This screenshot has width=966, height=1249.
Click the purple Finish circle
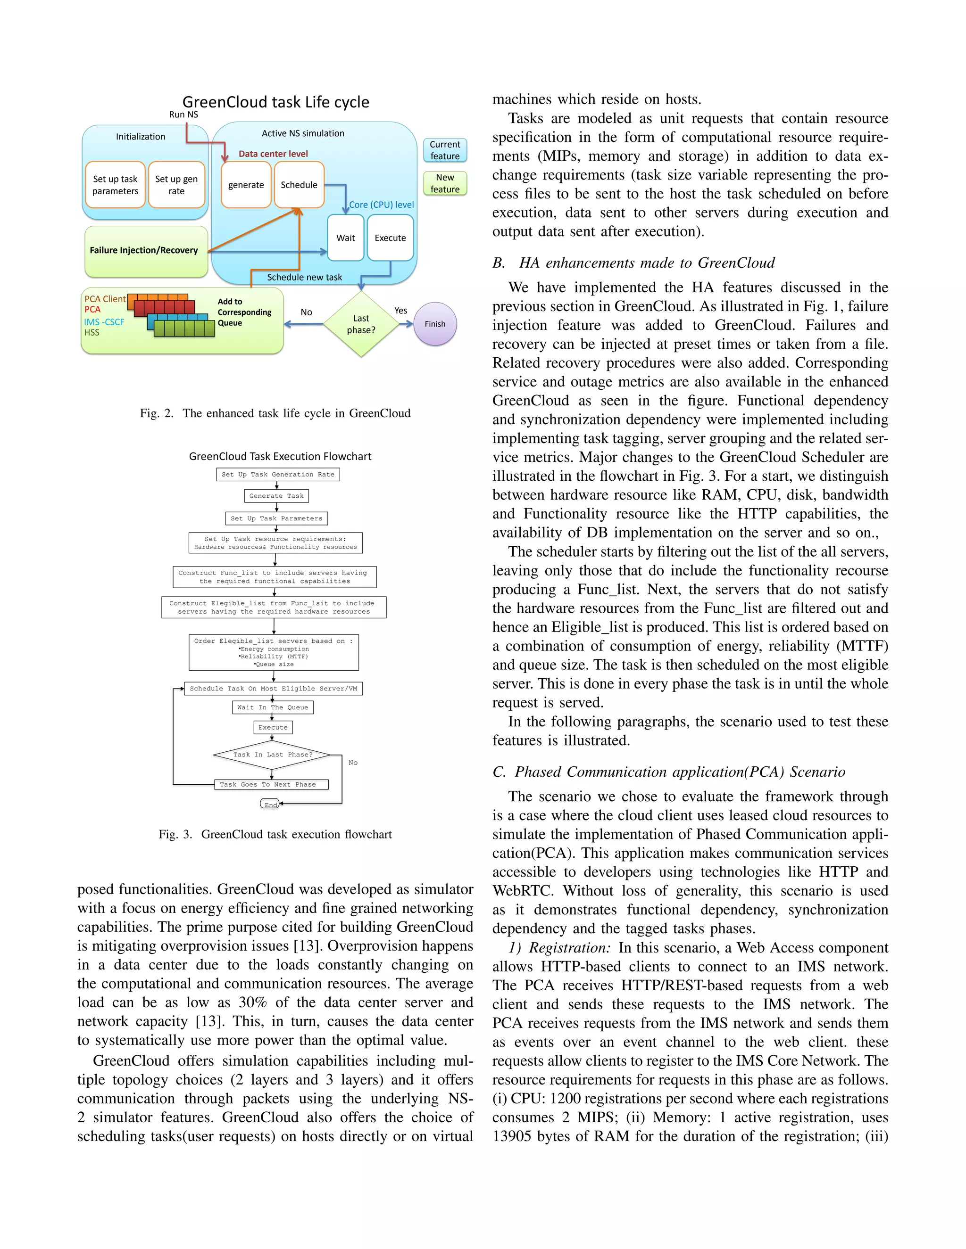coord(435,324)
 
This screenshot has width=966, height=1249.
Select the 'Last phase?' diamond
coord(361,324)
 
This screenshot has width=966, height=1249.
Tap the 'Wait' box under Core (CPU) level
coord(346,238)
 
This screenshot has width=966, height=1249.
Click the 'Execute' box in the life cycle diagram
coord(390,238)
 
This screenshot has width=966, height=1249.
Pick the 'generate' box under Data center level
coord(246,185)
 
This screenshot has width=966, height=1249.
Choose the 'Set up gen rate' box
coord(176,185)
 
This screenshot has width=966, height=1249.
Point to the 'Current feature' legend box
coord(445,150)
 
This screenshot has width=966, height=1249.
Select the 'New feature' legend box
coord(445,183)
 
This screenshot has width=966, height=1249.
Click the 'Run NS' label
coord(183,115)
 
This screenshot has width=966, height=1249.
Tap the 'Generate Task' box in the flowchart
coord(276,496)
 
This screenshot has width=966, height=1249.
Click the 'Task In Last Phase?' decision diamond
coord(273,755)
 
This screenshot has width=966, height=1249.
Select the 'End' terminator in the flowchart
coord(270,805)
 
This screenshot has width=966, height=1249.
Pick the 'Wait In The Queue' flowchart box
coord(273,707)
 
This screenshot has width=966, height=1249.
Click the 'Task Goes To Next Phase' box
coord(271,785)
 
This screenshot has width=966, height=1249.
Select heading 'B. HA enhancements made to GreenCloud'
coord(633,263)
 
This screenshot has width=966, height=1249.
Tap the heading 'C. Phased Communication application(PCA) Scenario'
coord(668,772)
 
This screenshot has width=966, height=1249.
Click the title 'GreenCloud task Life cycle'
coord(276,102)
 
